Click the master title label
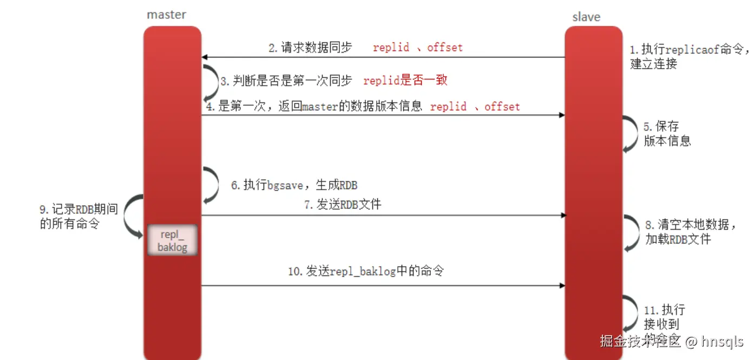pos(166,15)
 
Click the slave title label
pos(586,17)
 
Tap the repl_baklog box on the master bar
pos(172,241)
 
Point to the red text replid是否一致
pos(405,81)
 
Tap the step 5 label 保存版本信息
pos(667,134)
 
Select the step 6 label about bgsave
pos(294,185)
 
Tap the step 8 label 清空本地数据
pos(690,231)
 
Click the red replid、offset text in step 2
pos(418,48)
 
